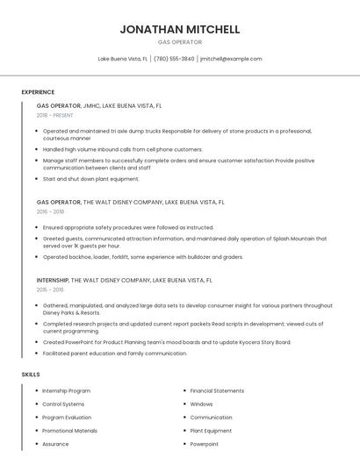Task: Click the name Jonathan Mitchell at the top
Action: click(179, 29)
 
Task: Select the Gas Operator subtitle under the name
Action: click(179, 42)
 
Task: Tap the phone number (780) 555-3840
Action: click(174, 59)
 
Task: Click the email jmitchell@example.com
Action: click(231, 59)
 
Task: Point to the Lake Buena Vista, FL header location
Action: click(122, 59)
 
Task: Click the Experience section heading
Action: click(38, 92)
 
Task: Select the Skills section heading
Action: click(31, 375)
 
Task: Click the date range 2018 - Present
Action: click(55, 115)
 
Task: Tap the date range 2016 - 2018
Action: click(50, 211)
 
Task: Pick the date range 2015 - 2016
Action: click(50, 290)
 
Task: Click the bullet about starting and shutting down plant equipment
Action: click(91, 179)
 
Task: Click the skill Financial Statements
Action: click(217, 390)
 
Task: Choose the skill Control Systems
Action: click(64, 404)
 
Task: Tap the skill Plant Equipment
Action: click(211, 431)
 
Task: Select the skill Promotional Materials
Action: click(69, 431)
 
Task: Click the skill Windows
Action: click(201, 404)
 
